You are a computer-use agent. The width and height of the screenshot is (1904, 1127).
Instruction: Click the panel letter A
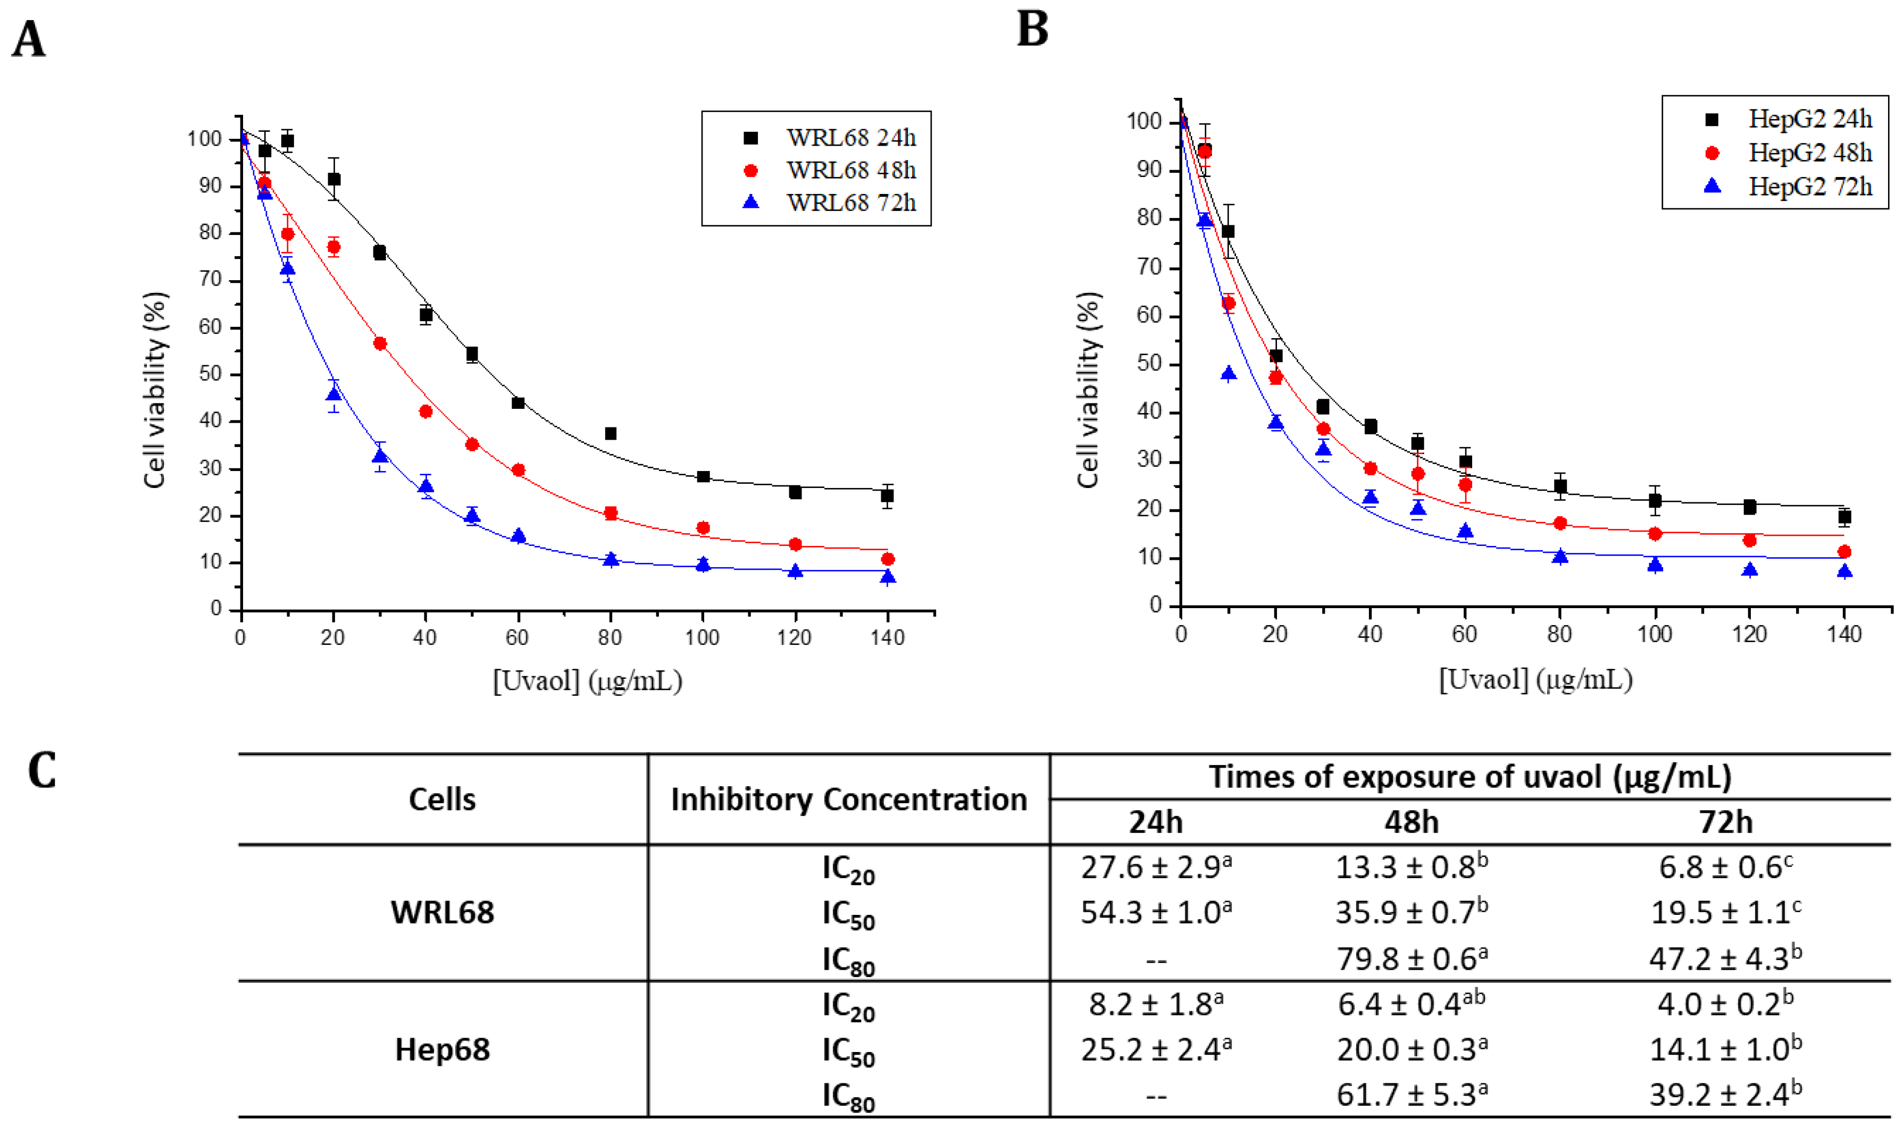coord(29,39)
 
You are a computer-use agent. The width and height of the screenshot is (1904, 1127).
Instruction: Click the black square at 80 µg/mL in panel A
coord(610,434)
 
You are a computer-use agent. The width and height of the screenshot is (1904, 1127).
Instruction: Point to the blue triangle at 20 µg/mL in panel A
coord(333,394)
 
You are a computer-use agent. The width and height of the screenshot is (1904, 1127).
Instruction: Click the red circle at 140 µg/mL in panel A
coord(888,559)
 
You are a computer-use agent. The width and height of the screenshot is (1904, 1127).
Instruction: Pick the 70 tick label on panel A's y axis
coord(211,280)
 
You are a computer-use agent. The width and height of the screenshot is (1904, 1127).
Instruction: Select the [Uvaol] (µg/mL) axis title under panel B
coord(1535,679)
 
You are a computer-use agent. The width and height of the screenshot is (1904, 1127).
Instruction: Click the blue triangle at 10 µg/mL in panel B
coord(1229,374)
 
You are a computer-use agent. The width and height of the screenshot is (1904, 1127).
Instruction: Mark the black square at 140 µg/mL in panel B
coord(1844,517)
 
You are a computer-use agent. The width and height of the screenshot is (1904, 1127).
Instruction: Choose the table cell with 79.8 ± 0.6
coord(1411,958)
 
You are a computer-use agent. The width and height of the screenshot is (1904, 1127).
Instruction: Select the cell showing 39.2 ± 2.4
coord(1725,1095)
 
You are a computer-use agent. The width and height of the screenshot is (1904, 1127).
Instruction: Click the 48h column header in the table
coord(1411,822)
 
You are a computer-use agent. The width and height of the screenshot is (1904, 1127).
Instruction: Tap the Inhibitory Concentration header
coord(849,800)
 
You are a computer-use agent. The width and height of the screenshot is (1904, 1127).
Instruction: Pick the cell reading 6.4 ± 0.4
coord(1411,1004)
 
